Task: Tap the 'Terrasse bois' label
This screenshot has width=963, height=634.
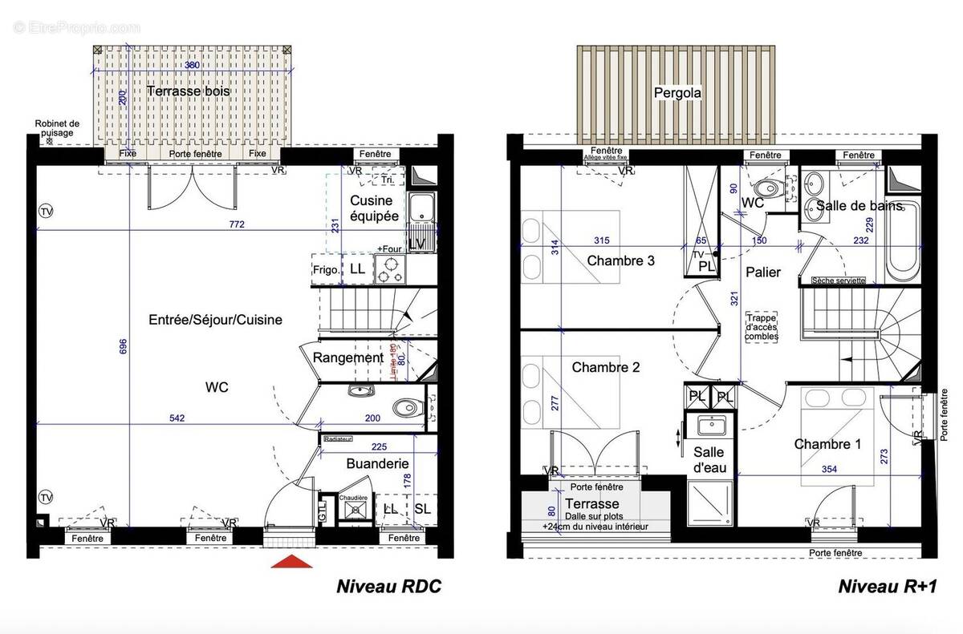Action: pos(189,91)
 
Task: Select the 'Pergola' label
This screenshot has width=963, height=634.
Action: pos(677,93)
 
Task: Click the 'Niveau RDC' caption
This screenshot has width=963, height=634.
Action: pos(388,587)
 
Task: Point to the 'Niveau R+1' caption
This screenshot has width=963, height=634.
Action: pos(888,587)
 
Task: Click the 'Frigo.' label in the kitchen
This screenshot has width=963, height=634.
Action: pos(325,270)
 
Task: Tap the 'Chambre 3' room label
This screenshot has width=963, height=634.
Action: pos(620,260)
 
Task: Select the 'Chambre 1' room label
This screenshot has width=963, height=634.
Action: pos(827,444)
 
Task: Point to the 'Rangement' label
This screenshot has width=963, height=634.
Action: pos(347,357)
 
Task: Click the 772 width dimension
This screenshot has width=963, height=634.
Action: pos(236,224)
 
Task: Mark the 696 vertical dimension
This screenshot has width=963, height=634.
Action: pos(123,347)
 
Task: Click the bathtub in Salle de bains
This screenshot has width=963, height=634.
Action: pos(900,240)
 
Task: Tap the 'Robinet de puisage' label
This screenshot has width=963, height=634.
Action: pos(57,128)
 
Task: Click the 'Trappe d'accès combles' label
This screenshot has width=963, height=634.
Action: pos(762,326)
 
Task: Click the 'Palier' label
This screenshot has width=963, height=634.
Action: pos(762,273)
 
